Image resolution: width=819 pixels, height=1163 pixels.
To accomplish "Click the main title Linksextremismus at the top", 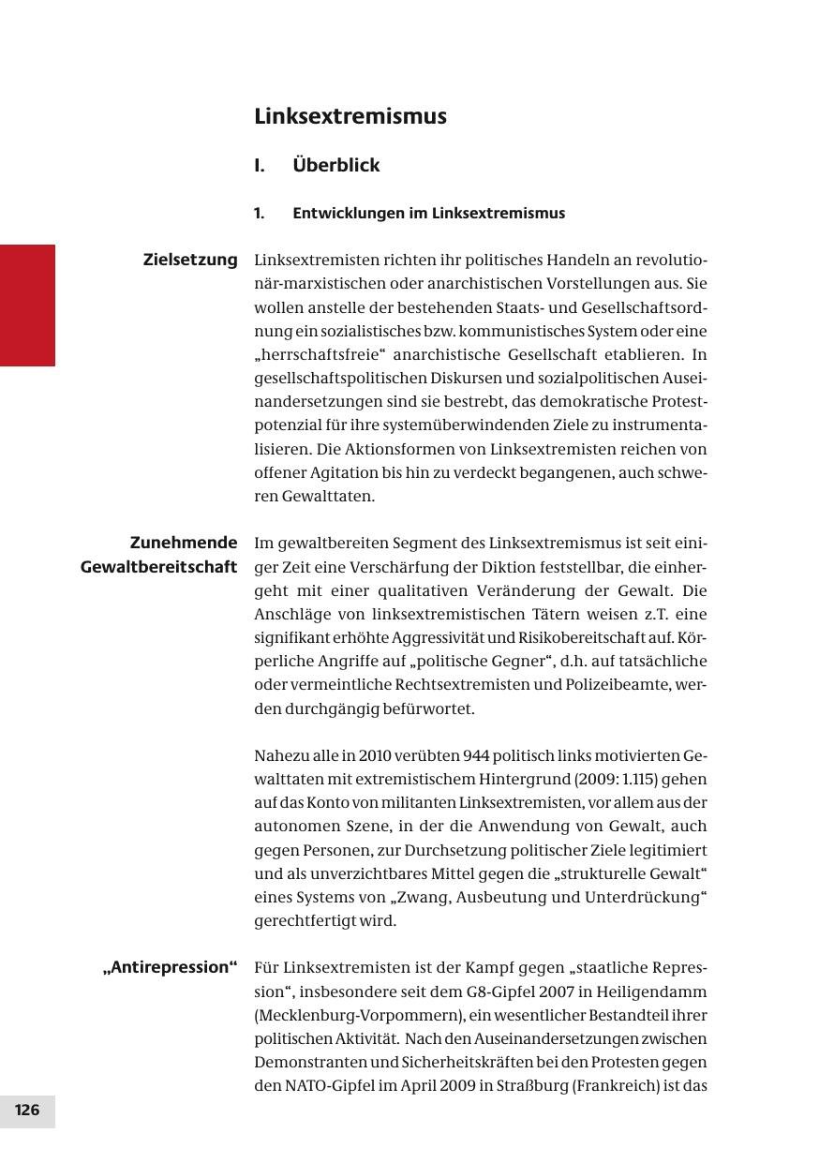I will [x=350, y=117].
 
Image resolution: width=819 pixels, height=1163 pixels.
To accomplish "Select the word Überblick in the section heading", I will [x=335, y=166].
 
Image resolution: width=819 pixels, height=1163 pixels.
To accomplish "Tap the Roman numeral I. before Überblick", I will [x=261, y=166].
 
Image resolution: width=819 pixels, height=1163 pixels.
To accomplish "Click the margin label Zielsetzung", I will [x=190, y=260].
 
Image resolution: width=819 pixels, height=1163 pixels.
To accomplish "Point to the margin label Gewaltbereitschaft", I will [x=158, y=567].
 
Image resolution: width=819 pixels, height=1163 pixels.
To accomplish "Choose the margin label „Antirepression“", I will [x=170, y=967].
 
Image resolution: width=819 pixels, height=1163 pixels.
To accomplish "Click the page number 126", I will [x=27, y=1111].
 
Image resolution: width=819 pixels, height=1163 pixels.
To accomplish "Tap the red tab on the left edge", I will [x=27, y=305].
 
